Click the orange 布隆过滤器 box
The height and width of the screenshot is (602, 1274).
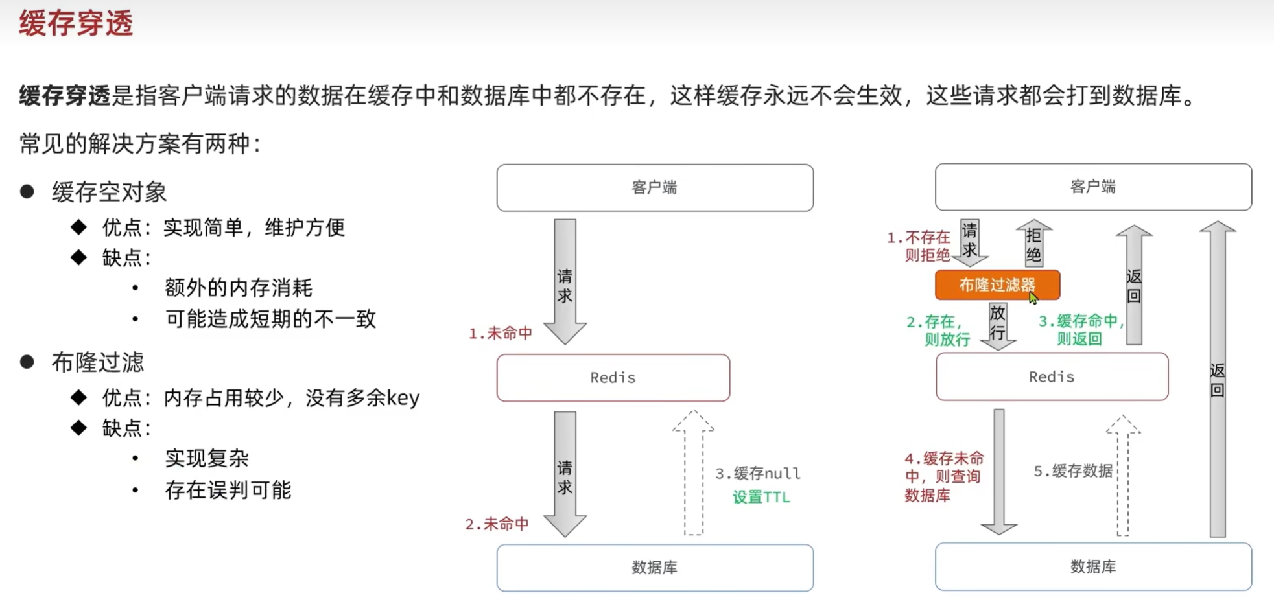coord(997,285)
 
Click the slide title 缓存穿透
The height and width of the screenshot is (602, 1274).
coord(76,24)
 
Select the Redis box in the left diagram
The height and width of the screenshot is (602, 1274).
coord(613,378)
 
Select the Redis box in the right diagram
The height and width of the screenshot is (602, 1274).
coord(1051,377)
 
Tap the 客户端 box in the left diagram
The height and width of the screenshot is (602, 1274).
coord(654,188)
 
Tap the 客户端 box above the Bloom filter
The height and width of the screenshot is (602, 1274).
coord(1092,187)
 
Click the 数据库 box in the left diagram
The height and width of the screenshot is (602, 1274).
coord(654,568)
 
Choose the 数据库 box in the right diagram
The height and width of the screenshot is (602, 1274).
coord(1092,567)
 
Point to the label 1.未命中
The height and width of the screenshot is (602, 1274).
coord(500,333)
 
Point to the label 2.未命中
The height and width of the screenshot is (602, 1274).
coord(497,524)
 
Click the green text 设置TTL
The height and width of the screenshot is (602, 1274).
coord(761,497)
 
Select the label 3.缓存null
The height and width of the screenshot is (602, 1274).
coord(757,474)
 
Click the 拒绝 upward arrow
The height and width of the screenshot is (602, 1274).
coord(1033,244)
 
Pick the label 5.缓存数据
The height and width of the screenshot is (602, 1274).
coord(1072,471)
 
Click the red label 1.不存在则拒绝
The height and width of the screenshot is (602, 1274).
coord(919,246)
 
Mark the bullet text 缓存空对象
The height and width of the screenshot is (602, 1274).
coord(109,192)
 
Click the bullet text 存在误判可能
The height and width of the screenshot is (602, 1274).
coord(228,490)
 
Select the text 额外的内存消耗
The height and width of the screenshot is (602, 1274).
coord(238,288)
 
